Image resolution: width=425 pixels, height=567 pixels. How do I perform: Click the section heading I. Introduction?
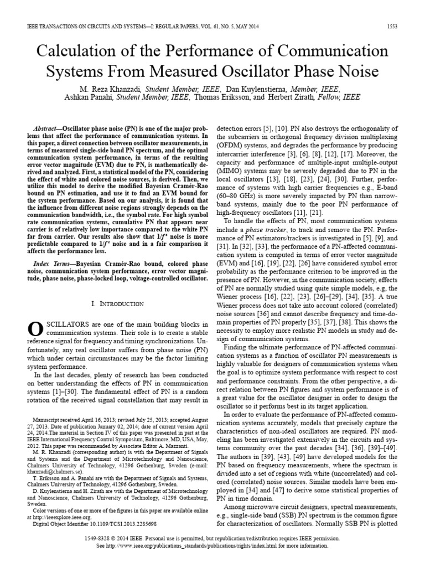(x=116, y=304)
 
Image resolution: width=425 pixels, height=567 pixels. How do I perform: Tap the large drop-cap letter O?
(x=35, y=329)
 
